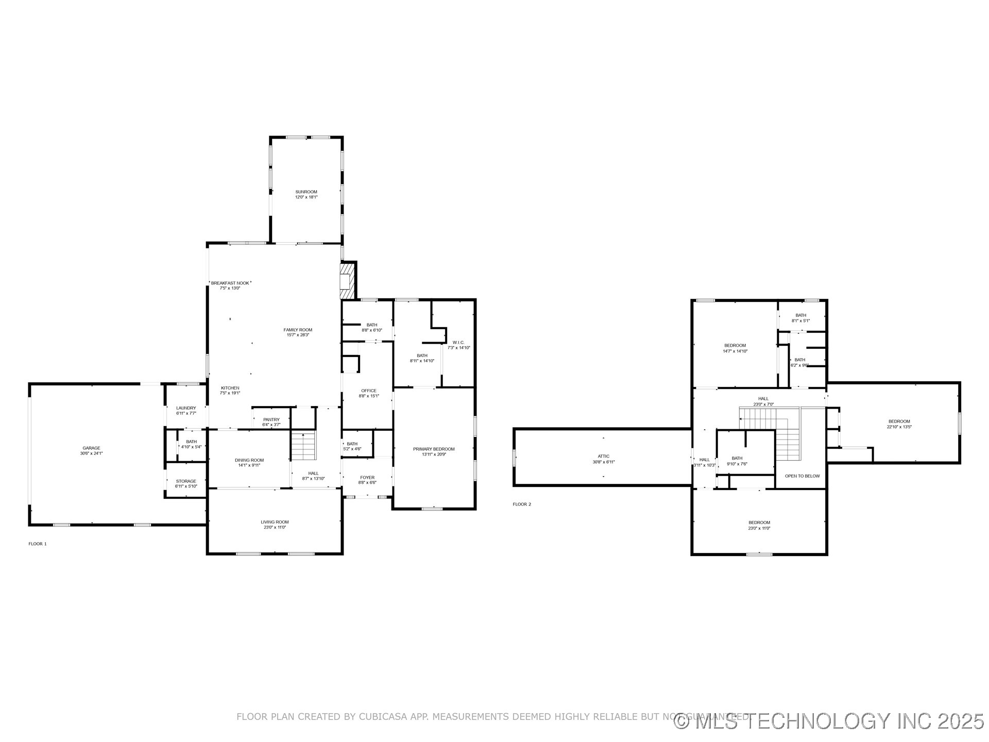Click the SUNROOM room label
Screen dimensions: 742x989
pos(306,192)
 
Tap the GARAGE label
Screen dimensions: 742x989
pos(91,448)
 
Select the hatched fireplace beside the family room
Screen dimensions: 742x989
pos(348,281)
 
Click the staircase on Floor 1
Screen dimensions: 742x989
pos(304,447)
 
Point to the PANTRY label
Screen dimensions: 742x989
pos(271,419)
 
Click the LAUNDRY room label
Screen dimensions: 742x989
pos(186,408)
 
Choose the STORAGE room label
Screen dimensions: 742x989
pos(186,481)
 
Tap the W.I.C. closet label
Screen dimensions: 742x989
pos(458,342)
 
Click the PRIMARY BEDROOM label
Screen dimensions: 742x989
pos(434,449)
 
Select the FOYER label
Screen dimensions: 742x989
pos(367,478)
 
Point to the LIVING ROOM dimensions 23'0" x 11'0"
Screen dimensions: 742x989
pos(275,527)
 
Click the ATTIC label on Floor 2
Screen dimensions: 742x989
pos(604,456)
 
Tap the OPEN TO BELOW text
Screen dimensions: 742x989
pos(802,476)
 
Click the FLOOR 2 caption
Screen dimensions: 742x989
pos(522,504)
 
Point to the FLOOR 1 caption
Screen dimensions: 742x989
pos(38,544)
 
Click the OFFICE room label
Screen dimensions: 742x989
pos(369,391)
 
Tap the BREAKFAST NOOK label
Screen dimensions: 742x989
pos(230,283)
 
